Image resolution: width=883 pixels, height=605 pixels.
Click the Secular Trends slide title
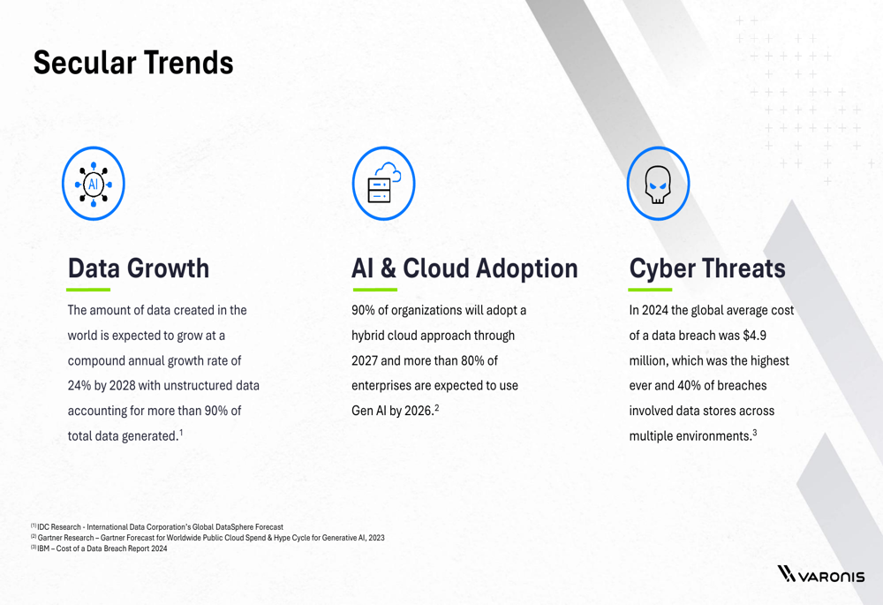click(133, 63)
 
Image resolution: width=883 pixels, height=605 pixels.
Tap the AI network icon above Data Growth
click(94, 184)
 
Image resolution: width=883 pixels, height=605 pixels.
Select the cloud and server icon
click(383, 184)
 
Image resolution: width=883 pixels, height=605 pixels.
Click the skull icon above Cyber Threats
click(658, 184)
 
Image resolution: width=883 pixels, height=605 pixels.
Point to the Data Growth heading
click(139, 268)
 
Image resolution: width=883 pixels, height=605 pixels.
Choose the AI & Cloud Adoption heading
click(464, 268)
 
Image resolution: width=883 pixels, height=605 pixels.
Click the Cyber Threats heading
click(707, 268)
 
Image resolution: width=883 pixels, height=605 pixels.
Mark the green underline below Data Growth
click(88, 290)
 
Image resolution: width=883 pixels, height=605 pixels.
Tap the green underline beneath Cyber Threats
click(650, 290)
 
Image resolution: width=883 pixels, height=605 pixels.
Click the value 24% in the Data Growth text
click(79, 386)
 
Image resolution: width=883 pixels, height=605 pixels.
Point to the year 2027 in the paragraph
click(365, 360)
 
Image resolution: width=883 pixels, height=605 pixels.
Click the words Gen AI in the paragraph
click(369, 411)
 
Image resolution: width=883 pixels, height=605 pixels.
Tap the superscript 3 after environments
click(755, 433)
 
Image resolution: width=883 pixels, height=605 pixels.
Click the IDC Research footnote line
click(157, 527)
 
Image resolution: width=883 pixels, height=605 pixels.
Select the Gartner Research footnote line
click(208, 538)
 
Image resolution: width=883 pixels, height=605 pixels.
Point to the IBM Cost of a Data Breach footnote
click(99, 548)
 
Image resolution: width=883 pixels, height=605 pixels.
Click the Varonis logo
click(821, 574)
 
